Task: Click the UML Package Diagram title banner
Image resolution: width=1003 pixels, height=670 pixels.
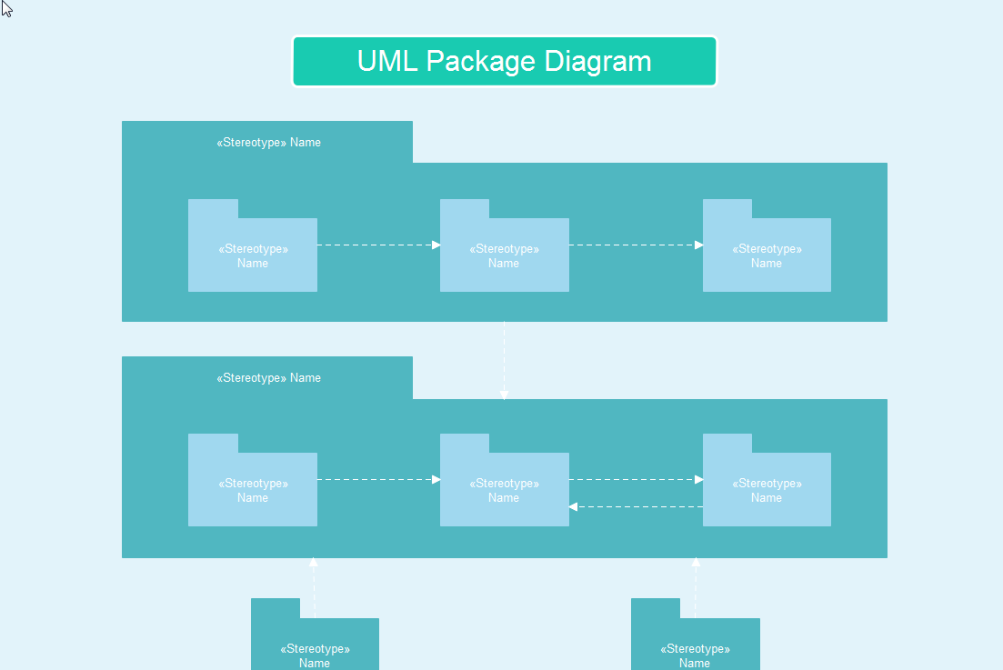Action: pyautogui.click(x=504, y=62)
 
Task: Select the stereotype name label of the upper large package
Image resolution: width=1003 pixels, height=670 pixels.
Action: pyautogui.click(x=268, y=143)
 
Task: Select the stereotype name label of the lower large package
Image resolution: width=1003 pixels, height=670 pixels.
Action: pyautogui.click(x=268, y=378)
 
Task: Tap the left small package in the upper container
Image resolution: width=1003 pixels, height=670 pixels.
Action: pyautogui.click(x=253, y=255)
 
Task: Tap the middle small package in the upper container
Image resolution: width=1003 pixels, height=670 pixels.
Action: pyautogui.click(x=504, y=255)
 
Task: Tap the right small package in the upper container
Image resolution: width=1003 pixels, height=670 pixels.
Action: pyautogui.click(x=767, y=255)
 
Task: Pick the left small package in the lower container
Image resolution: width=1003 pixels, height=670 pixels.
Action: pyautogui.click(x=253, y=490)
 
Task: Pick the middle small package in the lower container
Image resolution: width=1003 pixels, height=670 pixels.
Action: pyautogui.click(x=504, y=490)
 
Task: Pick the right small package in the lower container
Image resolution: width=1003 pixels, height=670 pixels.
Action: pyautogui.click(x=767, y=490)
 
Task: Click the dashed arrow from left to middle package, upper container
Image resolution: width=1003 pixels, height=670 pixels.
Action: pyautogui.click(x=378, y=245)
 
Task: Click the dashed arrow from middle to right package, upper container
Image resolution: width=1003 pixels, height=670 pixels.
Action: pyautogui.click(x=636, y=245)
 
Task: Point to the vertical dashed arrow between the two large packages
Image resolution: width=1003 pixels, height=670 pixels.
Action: pyautogui.click(x=504, y=360)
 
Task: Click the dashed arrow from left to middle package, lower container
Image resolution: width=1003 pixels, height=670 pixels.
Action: pyautogui.click(x=378, y=479)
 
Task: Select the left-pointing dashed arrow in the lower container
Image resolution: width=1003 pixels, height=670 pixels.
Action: pyautogui.click(x=636, y=506)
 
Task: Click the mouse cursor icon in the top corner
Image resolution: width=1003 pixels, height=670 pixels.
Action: pyautogui.click(x=5, y=8)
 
